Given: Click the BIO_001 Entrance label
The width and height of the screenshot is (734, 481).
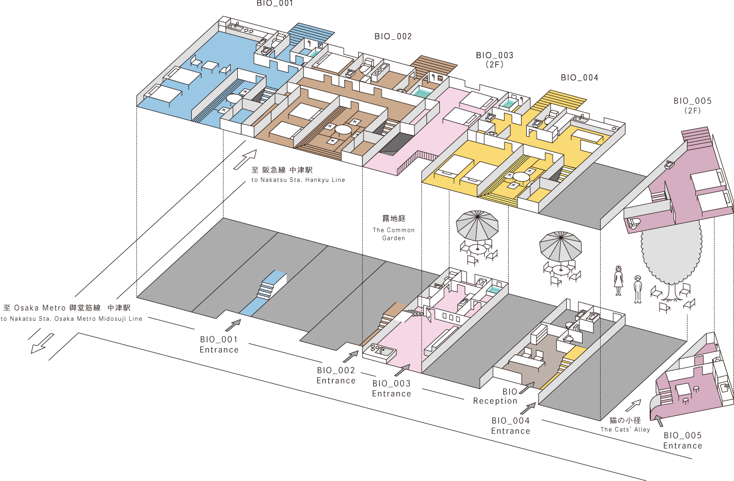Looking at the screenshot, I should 219,345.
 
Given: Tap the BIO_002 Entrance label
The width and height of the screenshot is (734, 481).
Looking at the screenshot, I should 336,376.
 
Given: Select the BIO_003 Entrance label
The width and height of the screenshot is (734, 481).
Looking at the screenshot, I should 391,389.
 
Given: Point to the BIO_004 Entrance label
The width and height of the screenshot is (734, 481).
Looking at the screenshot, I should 511,426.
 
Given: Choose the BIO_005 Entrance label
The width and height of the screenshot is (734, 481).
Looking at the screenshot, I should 682,441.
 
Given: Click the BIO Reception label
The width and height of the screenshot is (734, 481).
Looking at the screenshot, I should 495,396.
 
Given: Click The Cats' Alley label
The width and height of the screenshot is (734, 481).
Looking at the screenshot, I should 625,425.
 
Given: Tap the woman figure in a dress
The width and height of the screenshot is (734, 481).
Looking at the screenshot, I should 618,281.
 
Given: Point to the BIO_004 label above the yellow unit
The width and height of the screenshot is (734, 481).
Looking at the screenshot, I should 579,78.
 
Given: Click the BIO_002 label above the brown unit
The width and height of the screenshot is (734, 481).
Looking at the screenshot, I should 393,37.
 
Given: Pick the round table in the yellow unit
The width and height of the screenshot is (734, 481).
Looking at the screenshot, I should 521,177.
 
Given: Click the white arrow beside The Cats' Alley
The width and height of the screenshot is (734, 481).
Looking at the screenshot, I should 634,406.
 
